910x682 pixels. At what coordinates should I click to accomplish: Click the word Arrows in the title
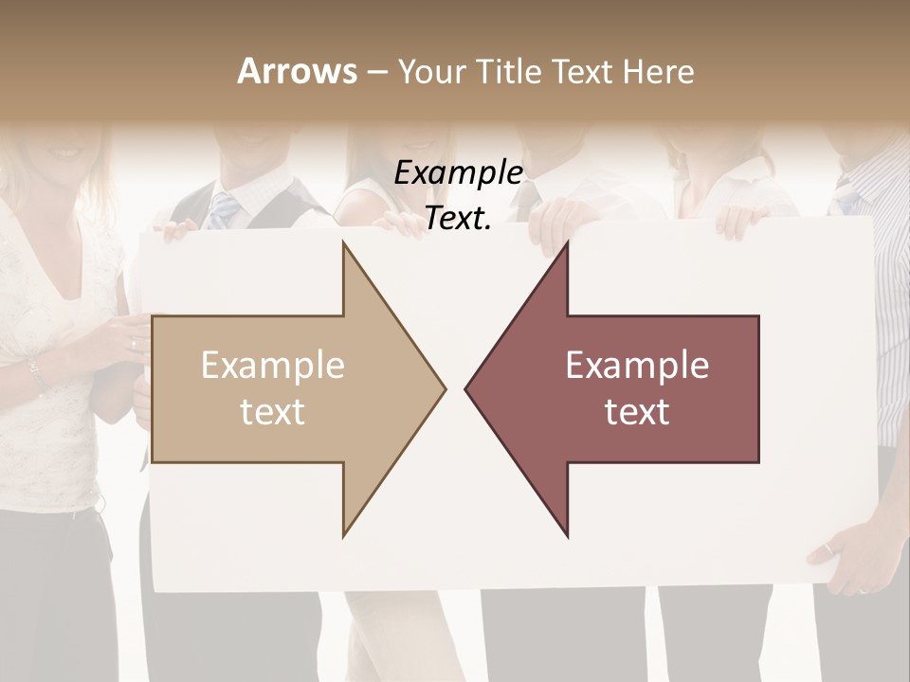pyautogui.click(x=297, y=71)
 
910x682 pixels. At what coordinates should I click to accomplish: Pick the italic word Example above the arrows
pyautogui.click(x=458, y=173)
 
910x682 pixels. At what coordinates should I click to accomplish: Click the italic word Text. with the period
pyautogui.click(x=458, y=219)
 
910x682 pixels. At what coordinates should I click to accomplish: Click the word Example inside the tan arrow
pyautogui.click(x=272, y=366)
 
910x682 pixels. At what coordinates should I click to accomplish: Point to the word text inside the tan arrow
pyautogui.click(x=272, y=412)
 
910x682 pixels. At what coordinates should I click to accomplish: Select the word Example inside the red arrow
pyautogui.click(x=637, y=366)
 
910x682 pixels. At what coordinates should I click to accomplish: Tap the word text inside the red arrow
pyautogui.click(x=637, y=412)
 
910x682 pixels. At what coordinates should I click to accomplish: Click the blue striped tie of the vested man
pyautogui.click(x=224, y=209)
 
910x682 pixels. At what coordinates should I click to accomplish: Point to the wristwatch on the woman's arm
pyautogui.click(x=37, y=372)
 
